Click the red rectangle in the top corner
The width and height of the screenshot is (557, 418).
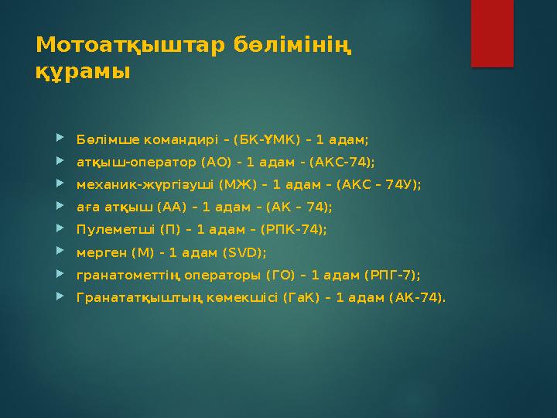493,33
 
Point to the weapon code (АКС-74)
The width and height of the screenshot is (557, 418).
343,163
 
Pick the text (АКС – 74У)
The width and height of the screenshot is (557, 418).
382,185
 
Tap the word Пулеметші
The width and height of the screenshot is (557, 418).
107,230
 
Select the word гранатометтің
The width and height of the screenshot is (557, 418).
121,275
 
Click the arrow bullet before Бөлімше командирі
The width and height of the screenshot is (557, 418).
60,140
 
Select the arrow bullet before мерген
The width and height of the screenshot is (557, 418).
60,252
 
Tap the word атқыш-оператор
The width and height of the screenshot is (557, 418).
125,163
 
